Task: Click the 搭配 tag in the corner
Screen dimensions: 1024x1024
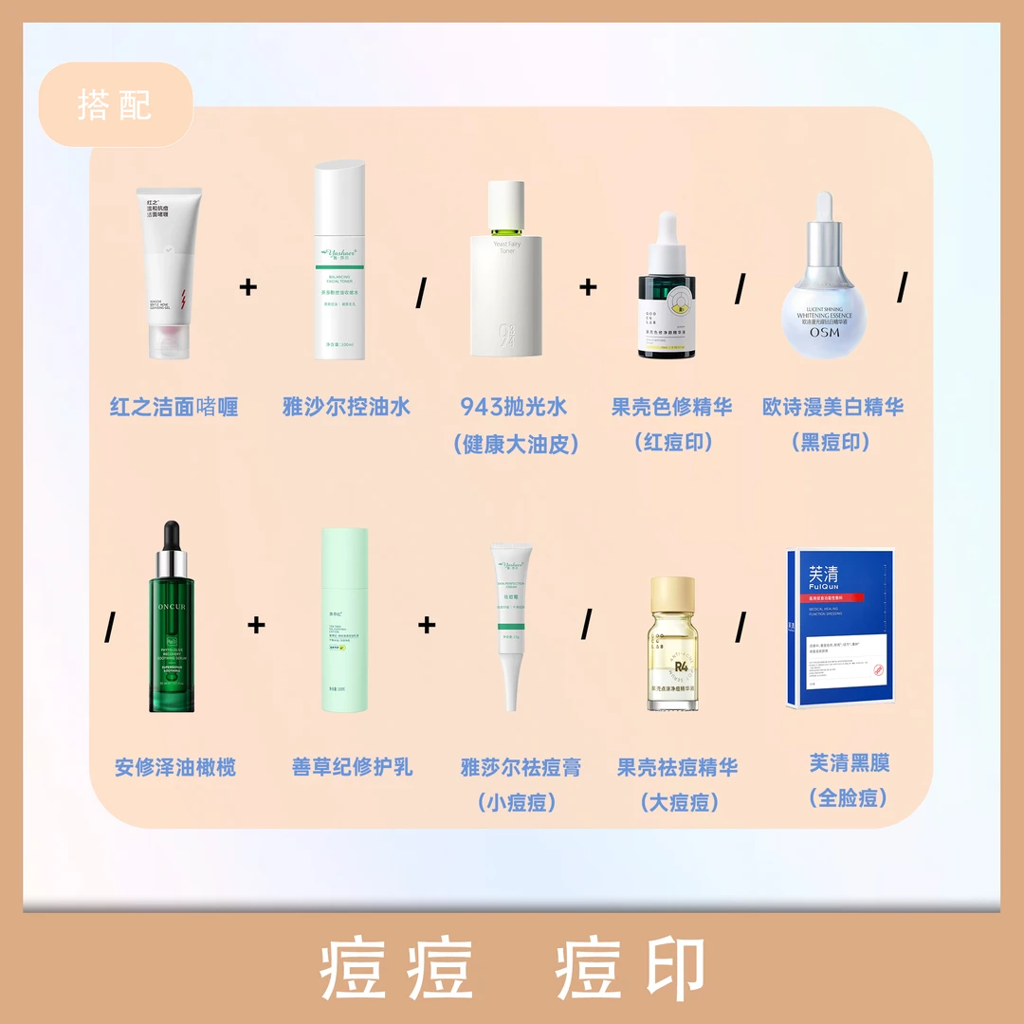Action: click(x=115, y=104)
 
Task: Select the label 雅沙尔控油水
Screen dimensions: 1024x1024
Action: click(x=346, y=408)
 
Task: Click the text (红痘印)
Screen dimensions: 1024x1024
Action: click(x=672, y=443)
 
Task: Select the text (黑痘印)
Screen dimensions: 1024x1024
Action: click(x=832, y=443)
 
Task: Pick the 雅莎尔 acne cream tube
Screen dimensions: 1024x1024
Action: click(x=509, y=626)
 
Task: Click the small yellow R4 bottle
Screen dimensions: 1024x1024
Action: click(x=673, y=645)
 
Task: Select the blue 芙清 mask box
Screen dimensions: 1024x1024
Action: click(x=840, y=626)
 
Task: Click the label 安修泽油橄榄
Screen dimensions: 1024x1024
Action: click(x=175, y=768)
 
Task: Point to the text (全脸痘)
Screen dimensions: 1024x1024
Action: click(x=850, y=798)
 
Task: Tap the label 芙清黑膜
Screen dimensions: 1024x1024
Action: click(x=850, y=763)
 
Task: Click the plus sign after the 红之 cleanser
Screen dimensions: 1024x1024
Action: click(x=248, y=286)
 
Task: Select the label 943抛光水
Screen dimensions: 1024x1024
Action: click(x=514, y=408)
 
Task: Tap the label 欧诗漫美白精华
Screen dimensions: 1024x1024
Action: click(x=832, y=408)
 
